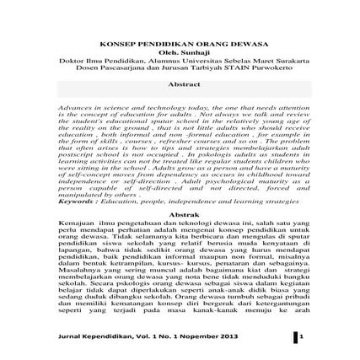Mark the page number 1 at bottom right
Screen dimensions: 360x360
coord(295,336)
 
